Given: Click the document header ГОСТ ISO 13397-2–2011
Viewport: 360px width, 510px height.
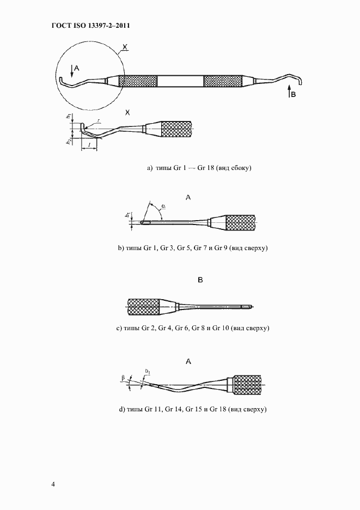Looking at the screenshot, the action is (x=91, y=26).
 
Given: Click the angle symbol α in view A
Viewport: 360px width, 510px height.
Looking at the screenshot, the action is (x=163, y=206).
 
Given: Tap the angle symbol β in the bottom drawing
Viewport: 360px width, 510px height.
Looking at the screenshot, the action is (x=123, y=378).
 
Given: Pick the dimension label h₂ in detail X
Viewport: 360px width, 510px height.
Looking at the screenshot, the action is (x=69, y=141).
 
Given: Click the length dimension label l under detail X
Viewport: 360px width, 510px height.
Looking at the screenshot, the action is (x=89, y=143).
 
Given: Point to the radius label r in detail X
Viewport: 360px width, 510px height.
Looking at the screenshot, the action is (x=99, y=120).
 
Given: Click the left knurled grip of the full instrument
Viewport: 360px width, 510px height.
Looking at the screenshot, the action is (x=138, y=81).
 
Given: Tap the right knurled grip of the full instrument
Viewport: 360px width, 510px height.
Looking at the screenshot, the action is (x=223, y=81).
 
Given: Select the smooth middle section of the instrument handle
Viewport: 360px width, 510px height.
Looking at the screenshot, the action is (x=180, y=81).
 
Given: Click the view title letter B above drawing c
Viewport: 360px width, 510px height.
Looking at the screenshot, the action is (x=200, y=280).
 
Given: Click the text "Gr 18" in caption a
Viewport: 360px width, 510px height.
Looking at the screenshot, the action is (x=205, y=168).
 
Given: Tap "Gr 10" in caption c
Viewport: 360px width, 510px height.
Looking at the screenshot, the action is (x=221, y=328).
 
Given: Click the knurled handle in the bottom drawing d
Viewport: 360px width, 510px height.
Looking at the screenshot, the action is (x=247, y=385).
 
